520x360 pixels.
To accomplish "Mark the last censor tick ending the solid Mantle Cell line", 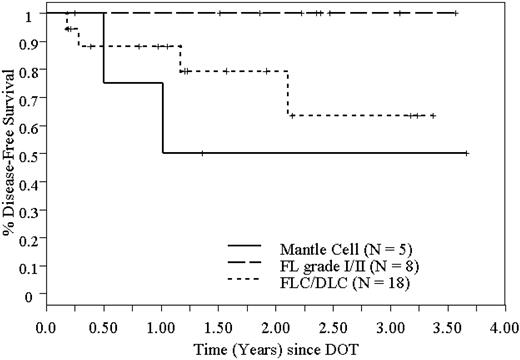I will click(467, 153).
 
